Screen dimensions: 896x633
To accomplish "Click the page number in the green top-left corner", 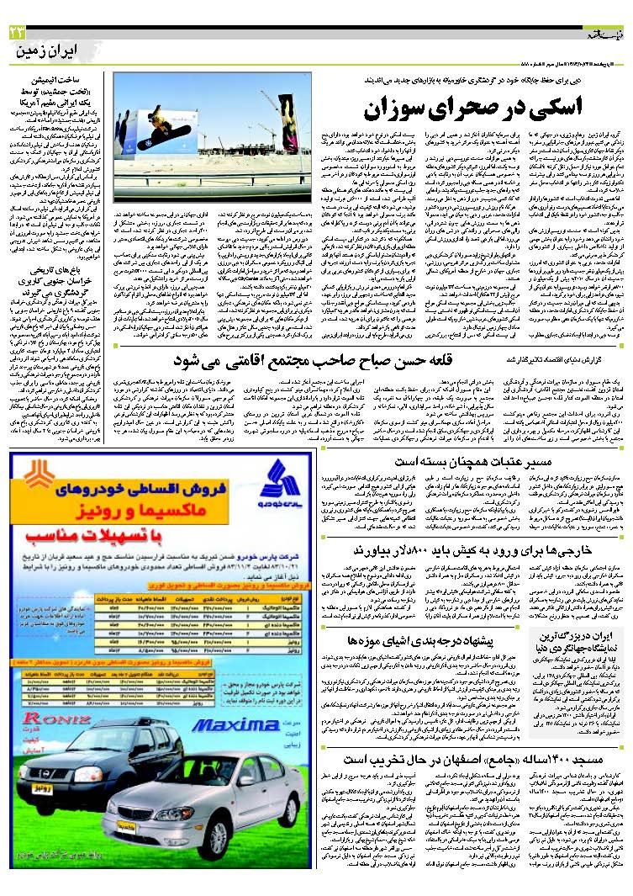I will [x=16, y=32].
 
